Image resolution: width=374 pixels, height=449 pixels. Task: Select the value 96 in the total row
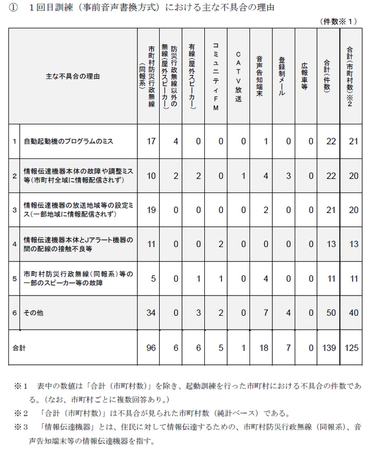click(150, 348)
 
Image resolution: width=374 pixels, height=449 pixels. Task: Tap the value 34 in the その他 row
click(150, 313)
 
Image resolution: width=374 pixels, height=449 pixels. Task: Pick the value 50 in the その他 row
click(330, 313)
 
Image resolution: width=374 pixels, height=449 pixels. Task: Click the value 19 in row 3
click(150, 210)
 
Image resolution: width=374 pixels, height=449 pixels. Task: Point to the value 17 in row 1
click(150, 142)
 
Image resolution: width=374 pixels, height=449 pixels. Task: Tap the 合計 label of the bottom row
click(20, 348)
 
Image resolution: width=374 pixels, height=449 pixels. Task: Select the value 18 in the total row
click(265, 348)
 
